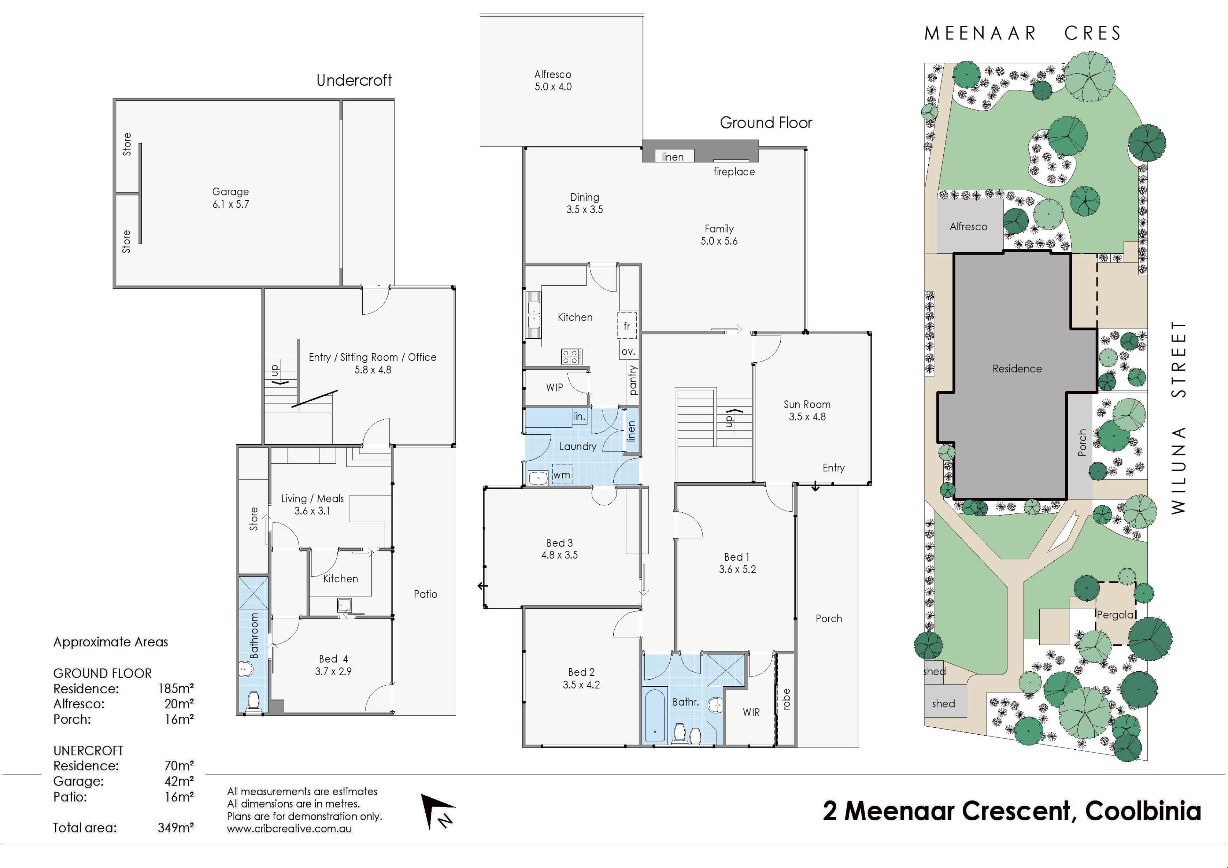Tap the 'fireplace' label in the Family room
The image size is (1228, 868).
[x=734, y=172]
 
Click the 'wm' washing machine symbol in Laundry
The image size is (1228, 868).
[x=562, y=474]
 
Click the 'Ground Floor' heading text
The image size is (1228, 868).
[x=766, y=123]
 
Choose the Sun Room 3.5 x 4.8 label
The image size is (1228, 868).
[x=807, y=411]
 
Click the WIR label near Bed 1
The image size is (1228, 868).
[x=751, y=712]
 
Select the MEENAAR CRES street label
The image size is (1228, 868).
[x=1023, y=34]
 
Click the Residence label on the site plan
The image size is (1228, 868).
[x=1017, y=368]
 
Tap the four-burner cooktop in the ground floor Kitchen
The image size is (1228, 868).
[x=572, y=356]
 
